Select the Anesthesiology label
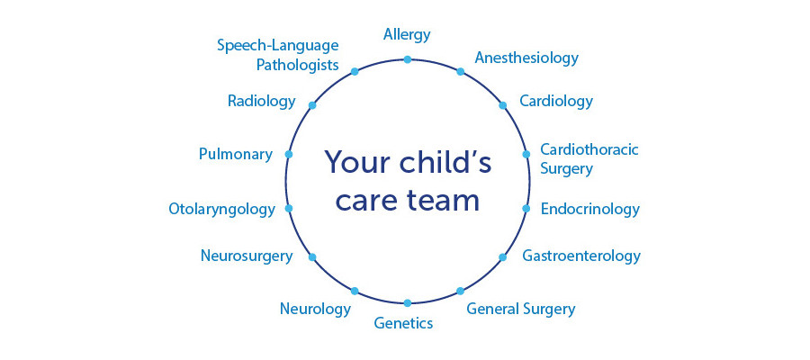[x=526, y=58]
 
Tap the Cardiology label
[x=556, y=101]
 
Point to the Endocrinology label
[x=589, y=209]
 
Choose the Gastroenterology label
[x=581, y=256]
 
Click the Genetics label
[x=403, y=324]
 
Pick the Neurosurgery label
[x=247, y=256]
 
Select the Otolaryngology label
[x=221, y=210]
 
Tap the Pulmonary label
[x=236, y=155]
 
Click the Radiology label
[x=261, y=101]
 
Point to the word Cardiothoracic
[x=589, y=149]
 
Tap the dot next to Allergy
[x=407, y=60]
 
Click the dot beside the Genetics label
[x=407, y=303]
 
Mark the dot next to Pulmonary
[x=289, y=155]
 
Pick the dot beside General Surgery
[x=460, y=292]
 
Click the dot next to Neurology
[x=355, y=292]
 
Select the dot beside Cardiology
[x=502, y=105]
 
